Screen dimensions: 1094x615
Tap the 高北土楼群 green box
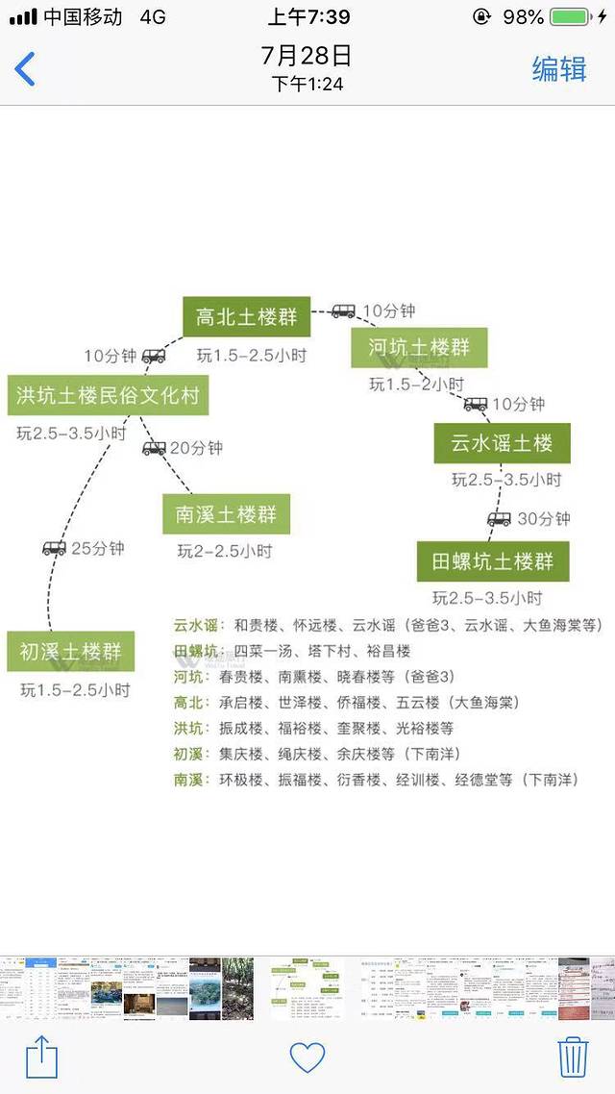[x=246, y=317]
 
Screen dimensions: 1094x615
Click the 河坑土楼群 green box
[x=419, y=347]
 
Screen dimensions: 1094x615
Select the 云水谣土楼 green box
[x=502, y=443]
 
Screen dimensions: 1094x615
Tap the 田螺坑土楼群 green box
[x=493, y=561]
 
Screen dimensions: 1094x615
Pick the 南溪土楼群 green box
[x=226, y=514]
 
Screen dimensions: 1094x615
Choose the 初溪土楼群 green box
[x=71, y=652]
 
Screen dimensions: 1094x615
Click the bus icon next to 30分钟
[x=499, y=519]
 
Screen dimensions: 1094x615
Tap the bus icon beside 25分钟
[x=54, y=549]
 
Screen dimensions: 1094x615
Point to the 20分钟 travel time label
[x=196, y=448]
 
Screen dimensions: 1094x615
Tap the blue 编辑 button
[x=559, y=69]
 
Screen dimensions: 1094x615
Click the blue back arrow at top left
[x=25, y=69]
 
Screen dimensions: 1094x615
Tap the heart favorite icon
[x=307, y=1057]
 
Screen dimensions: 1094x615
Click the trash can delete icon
[x=573, y=1057]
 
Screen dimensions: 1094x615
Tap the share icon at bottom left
[x=41, y=1057]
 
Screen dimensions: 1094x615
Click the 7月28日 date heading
[x=307, y=56]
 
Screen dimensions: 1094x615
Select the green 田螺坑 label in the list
[x=196, y=651]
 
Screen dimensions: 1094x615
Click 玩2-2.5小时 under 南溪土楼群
[x=225, y=551]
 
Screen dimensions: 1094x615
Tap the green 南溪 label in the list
[x=190, y=780]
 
